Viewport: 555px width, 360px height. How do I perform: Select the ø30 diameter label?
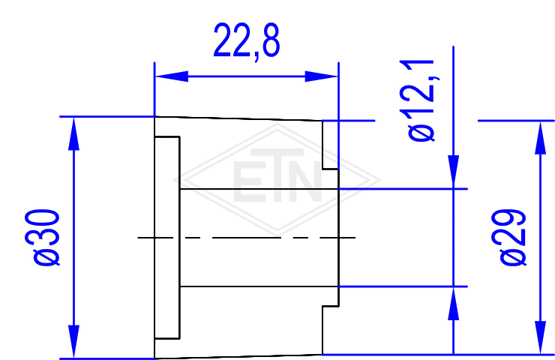click(43, 237)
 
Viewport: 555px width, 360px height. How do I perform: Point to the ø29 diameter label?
click(508, 237)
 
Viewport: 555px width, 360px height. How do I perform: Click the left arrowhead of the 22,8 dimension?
click(172, 76)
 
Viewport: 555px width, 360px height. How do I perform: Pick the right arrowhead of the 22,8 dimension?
click(321, 76)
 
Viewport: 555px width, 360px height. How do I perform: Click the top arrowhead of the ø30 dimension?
click(73, 134)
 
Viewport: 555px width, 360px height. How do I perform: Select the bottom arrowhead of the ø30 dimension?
click(73, 341)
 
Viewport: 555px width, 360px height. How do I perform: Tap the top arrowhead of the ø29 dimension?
click(540, 138)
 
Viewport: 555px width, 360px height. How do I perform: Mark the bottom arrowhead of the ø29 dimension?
click(540, 337)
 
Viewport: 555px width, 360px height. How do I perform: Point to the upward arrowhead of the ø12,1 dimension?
click(454, 304)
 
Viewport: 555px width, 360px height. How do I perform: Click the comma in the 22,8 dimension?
click(257, 57)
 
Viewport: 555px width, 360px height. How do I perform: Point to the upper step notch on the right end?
click(330, 145)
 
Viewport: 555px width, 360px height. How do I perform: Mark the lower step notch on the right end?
click(330, 330)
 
